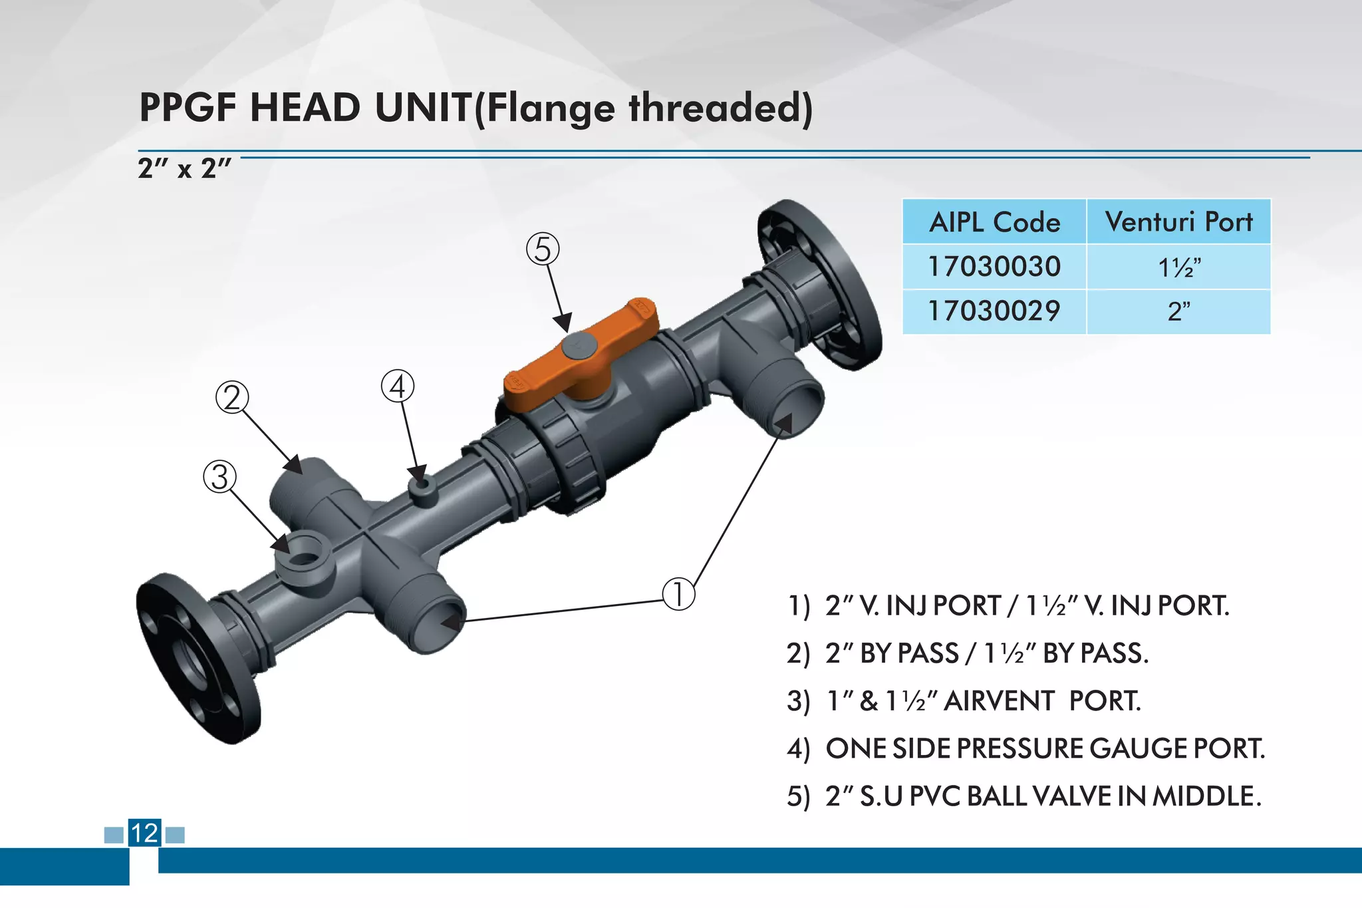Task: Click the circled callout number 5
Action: click(543, 249)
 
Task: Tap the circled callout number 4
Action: click(398, 386)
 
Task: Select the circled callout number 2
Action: click(232, 398)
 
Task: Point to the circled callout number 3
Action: click(220, 477)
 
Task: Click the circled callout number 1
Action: click(678, 593)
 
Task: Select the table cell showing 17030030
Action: click(994, 267)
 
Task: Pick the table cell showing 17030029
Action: click(994, 311)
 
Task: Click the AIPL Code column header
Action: click(994, 222)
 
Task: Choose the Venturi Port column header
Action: click(1178, 222)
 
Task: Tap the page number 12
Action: click(144, 833)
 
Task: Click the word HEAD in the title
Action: click(305, 108)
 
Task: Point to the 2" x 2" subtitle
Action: click(184, 168)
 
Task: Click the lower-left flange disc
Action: click(193, 659)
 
